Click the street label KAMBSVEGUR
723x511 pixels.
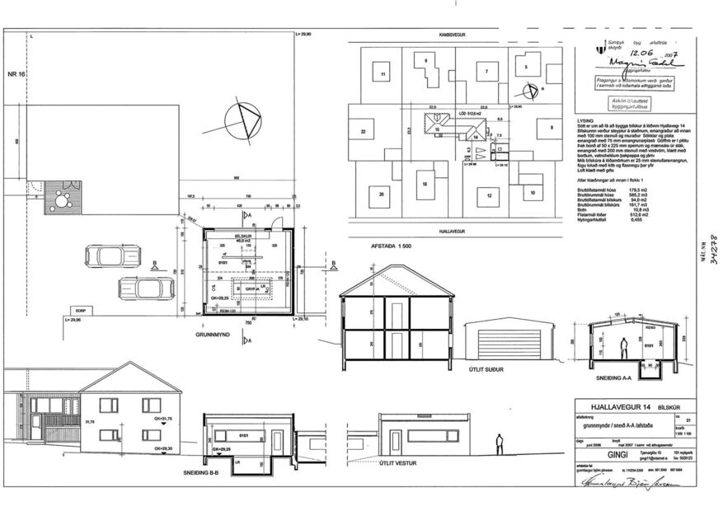[455, 36]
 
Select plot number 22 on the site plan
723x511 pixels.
[363, 131]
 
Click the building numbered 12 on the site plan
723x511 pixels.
[488, 195]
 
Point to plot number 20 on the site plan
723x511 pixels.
[381, 195]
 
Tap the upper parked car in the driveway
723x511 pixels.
[106, 257]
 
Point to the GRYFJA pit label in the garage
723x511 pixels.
[250, 289]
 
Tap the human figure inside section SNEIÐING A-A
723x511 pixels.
[627, 347]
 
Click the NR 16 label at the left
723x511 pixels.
[17, 75]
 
